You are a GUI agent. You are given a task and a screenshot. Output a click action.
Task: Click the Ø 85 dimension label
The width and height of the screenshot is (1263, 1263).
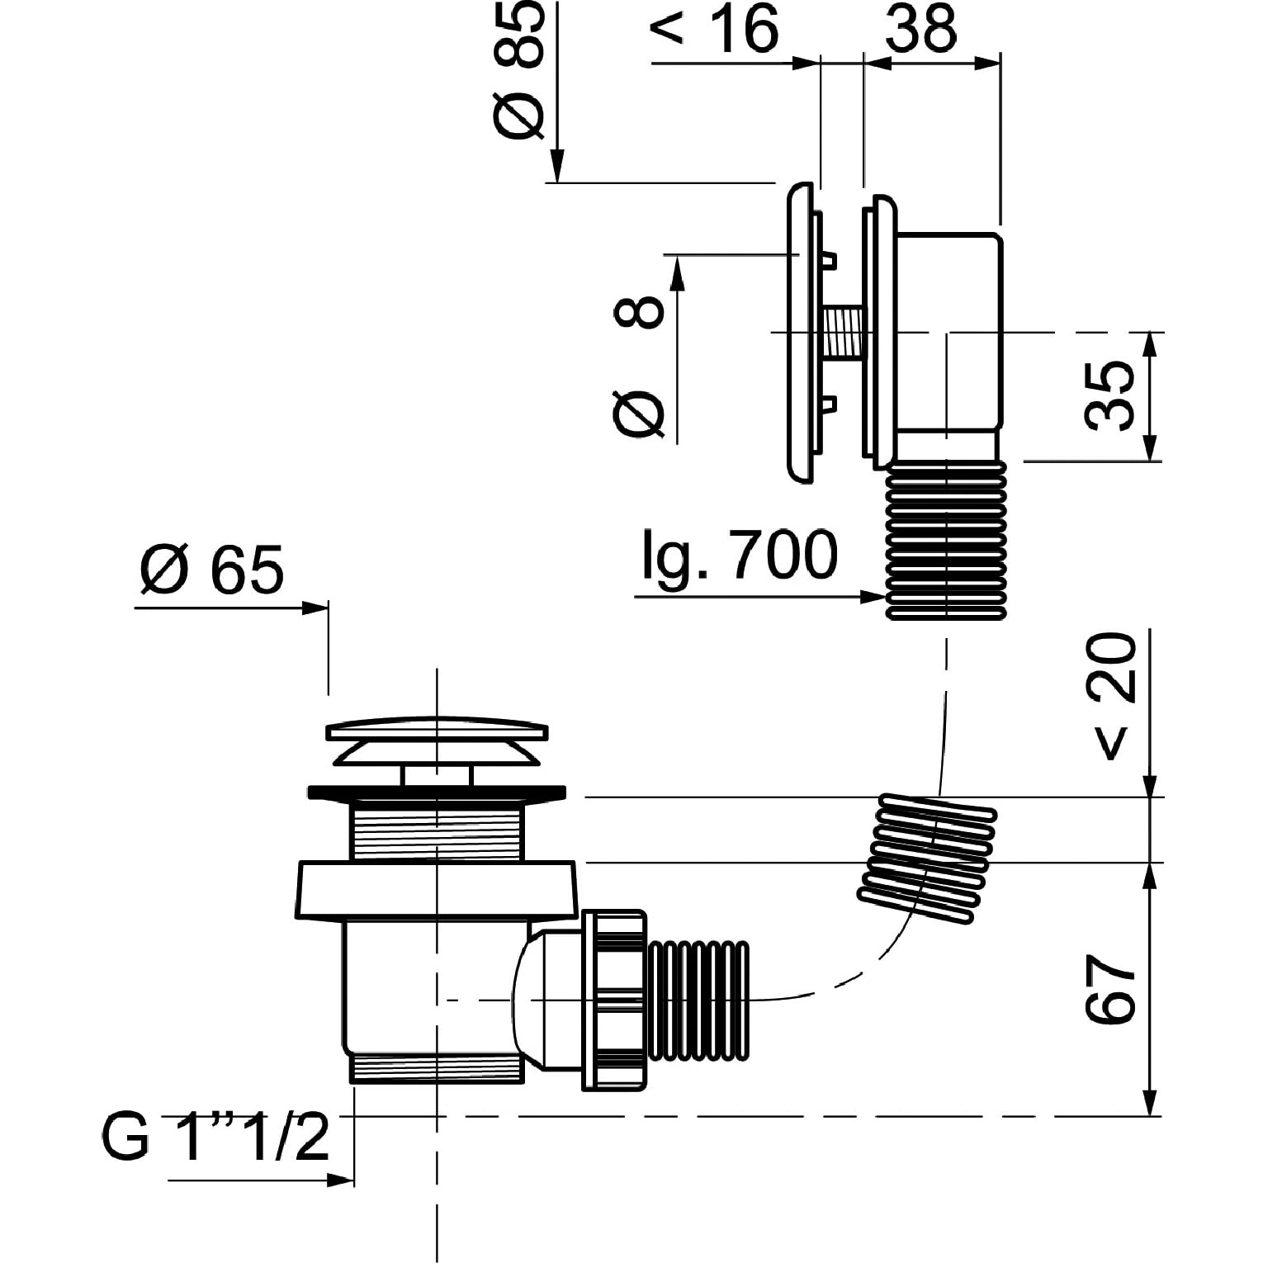tap(519, 69)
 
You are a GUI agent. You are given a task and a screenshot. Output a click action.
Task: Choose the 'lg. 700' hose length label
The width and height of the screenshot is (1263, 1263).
tap(740, 555)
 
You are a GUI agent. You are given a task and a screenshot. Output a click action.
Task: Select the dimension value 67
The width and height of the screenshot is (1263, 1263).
tap(1110, 991)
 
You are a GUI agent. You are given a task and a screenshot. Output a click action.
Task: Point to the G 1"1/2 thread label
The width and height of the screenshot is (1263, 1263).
tap(215, 1137)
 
